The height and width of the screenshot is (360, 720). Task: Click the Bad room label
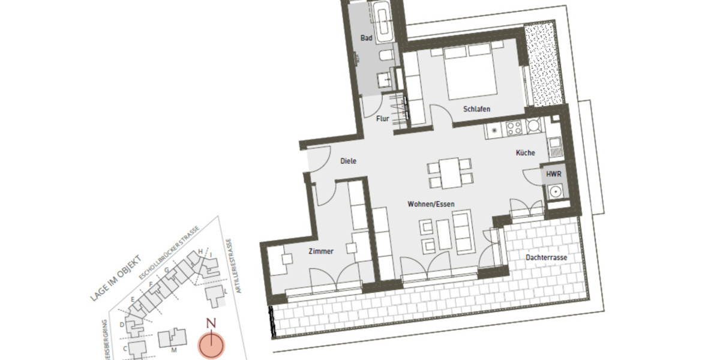tap(366, 38)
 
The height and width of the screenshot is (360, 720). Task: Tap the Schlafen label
tap(477, 109)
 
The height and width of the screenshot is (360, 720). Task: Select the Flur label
tap(383, 119)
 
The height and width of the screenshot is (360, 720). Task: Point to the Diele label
tap(349, 161)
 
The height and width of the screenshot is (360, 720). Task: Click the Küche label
tap(525, 153)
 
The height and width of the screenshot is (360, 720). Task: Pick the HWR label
tap(553, 175)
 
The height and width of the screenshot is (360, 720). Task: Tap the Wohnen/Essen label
tap(431, 204)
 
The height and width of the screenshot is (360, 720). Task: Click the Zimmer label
tap(321, 251)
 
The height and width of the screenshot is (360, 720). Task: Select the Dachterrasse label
tap(546, 257)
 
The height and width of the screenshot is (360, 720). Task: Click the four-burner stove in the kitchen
tap(514, 127)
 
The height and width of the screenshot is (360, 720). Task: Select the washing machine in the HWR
tap(555, 192)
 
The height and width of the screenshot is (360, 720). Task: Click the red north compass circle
tap(211, 345)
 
